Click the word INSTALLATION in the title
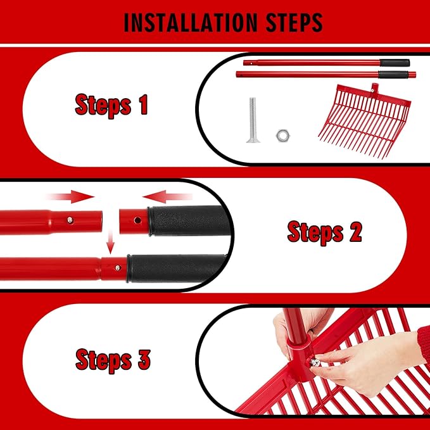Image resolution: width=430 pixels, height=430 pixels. coord(191,22)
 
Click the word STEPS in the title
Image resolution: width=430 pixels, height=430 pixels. coord(294,22)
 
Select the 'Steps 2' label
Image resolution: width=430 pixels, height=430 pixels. coord(325,232)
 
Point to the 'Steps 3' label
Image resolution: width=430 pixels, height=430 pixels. coord(113,360)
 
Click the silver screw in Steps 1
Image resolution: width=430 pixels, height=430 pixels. coord(253,120)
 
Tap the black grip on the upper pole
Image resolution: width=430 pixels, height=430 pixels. coord(395,63)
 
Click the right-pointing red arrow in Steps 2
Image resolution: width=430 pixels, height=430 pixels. coord(72,196)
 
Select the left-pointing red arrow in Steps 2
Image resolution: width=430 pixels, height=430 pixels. coord(167,196)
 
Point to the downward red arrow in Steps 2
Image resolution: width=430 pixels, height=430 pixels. coord(110,242)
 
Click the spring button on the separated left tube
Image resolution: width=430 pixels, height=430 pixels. coord(70,220)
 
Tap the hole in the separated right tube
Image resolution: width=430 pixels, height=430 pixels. coord(137,220)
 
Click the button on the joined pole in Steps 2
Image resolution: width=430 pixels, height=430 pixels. coord(118,268)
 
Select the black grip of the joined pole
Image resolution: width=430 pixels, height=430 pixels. coord(176,269)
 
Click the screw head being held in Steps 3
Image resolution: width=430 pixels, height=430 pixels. coord(315,362)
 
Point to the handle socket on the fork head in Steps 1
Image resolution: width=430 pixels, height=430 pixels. coord(374,89)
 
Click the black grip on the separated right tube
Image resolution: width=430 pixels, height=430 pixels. coord(189,220)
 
